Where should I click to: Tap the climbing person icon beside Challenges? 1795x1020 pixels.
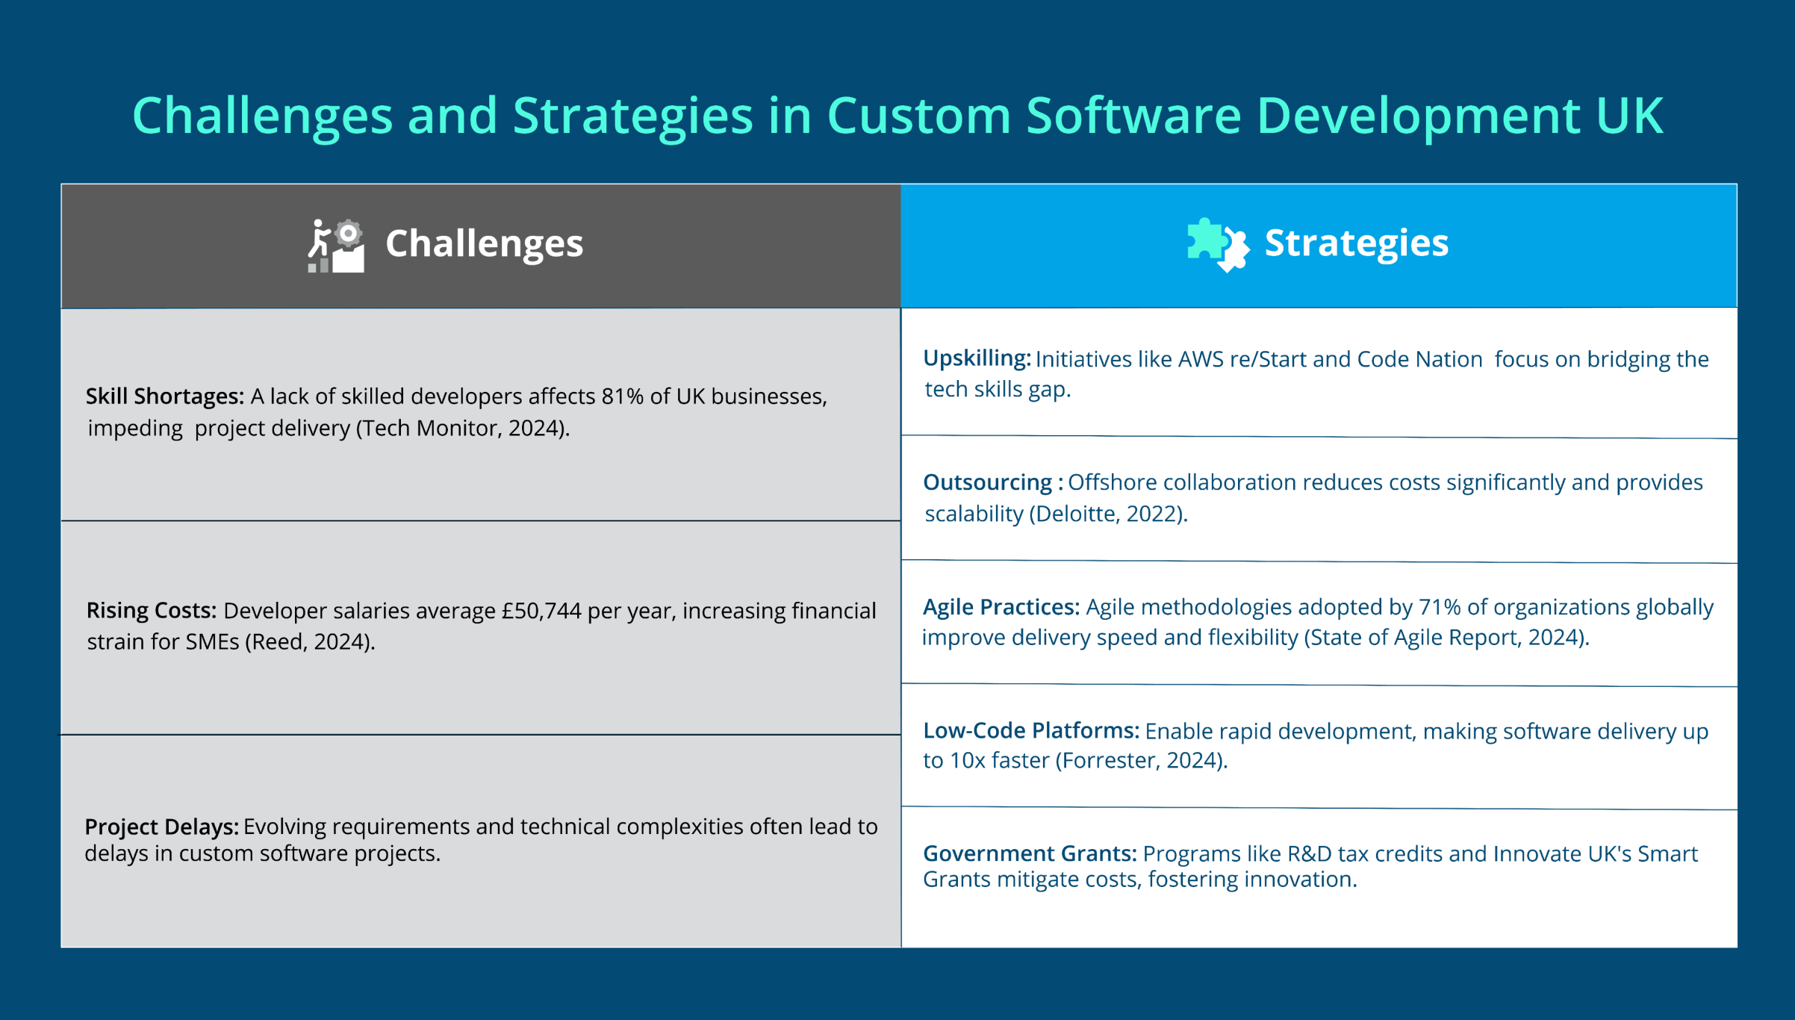(x=335, y=246)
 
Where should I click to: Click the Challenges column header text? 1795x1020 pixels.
(x=484, y=244)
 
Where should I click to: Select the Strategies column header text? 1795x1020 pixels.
(x=1356, y=243)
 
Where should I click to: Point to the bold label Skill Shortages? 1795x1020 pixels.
(x=164, y=397)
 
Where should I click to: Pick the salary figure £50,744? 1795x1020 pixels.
(x=541, y=611)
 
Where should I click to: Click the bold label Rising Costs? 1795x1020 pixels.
(x=152, y=611)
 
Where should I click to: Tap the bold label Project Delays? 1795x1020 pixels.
(x=161, y=827)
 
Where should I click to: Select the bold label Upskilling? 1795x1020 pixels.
(x=977, y=358)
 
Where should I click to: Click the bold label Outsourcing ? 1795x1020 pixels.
(x=993, y=482)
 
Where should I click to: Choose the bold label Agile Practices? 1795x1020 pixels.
(x=1001, y=607)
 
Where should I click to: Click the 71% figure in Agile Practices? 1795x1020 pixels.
(x=1439, y=607)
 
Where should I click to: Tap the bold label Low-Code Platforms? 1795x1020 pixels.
(x=1030, y=730)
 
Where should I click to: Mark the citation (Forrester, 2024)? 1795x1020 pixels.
(x=1141, y=760)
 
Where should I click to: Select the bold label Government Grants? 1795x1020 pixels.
(x=1030, y=853)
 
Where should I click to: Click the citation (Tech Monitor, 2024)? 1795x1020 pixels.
(x=462, y=428)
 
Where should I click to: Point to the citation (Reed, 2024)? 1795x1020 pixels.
(x=310, y=641)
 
